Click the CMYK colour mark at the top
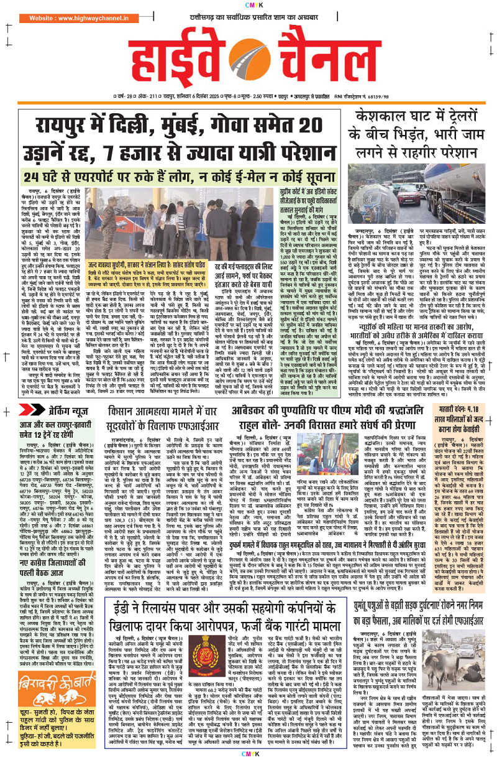pos(248,6)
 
